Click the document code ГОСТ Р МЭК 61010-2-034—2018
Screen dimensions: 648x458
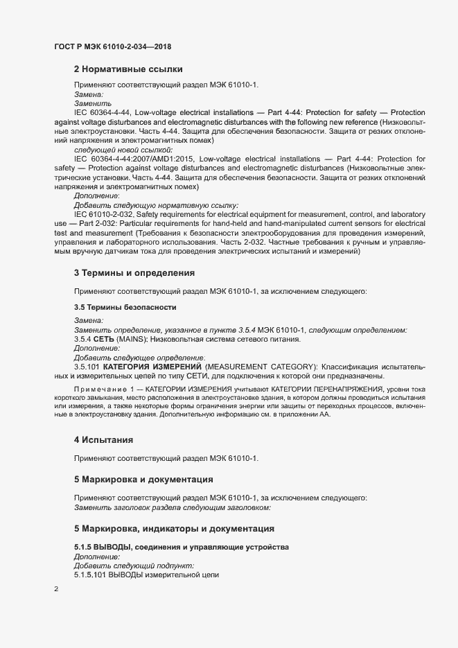(112, 46)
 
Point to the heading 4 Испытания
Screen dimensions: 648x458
(104, 440)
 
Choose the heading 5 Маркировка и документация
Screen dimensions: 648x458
(143, 479)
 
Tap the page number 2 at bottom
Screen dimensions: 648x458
(56, 589)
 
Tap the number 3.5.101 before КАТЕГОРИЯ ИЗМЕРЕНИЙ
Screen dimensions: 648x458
(87, 366)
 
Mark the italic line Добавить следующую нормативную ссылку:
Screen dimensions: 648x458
(155, 205)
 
